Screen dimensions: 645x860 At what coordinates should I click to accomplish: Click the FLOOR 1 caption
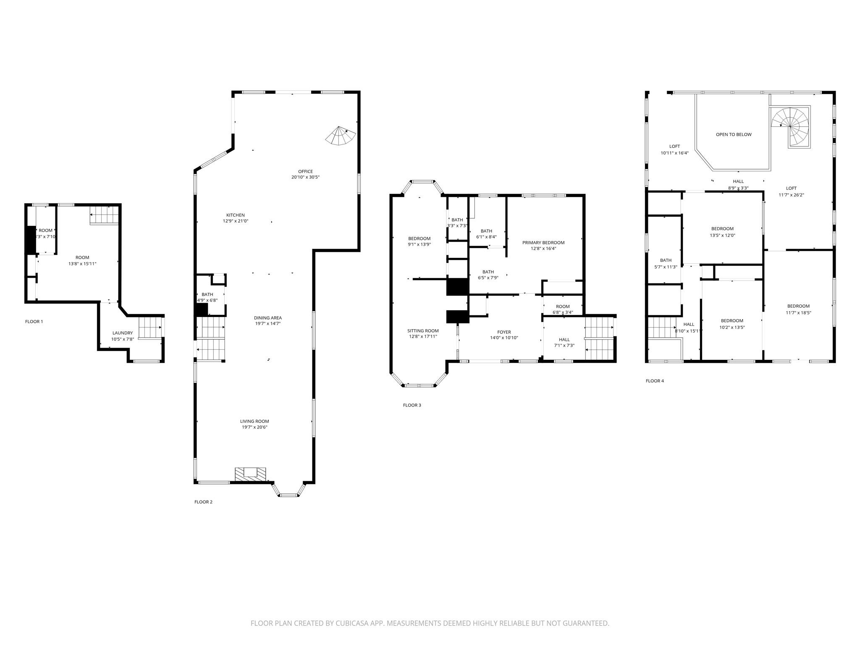pyautogui.click(x=34, y=322)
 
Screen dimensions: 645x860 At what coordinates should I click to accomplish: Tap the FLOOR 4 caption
pyautogui.click(x=655, y=381)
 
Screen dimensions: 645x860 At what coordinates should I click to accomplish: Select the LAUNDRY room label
pyautogui.click(x=123, y=333)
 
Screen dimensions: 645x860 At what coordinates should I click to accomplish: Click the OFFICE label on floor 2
pyautogui.click(x=305, y=171)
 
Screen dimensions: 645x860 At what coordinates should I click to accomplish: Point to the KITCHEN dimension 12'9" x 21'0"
pyautogui.click(x=236, y=221)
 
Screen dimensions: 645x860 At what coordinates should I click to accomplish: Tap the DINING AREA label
pyautogui.click(x=267, y=318)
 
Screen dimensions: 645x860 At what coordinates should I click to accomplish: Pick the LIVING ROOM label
pyautogui.click(x=254, y=421)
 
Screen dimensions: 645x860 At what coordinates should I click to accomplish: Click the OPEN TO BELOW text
pyautogui.click(x=734, y=134)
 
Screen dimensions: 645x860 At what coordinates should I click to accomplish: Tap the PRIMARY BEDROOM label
pyautogui.click(x=543, y=242)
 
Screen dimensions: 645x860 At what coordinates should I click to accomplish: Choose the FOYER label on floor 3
pyautogui.click(x=504, y=332)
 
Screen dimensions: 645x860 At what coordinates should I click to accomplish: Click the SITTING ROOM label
pyautogui.click(x=423, y=331)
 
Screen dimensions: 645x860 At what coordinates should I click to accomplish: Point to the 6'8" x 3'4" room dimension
pyautogui.click(x=563, y=312)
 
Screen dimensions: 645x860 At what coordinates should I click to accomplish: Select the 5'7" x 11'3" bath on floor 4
pyautogui.click(x=666, y=263)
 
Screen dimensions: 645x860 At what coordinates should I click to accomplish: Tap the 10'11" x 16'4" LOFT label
pyautogui.click(x=674, y=149)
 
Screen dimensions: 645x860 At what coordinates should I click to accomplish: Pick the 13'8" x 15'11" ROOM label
pyautogui.click(x=82, y=260)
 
